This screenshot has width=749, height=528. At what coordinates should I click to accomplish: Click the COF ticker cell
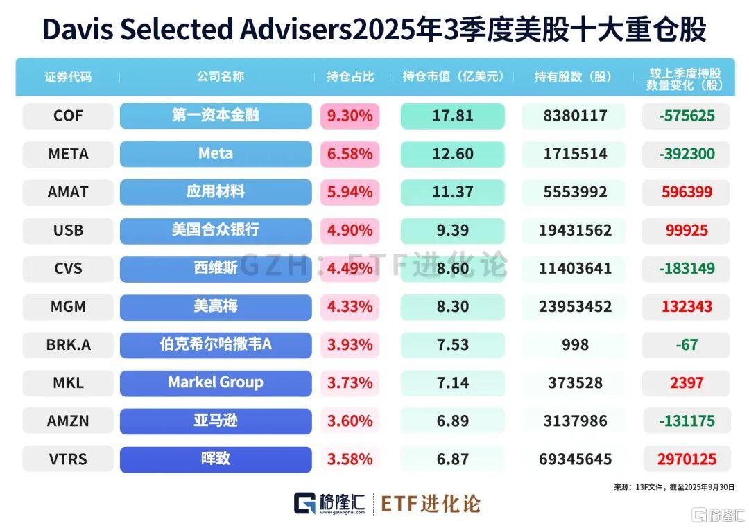68,116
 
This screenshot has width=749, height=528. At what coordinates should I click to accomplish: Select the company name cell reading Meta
216,154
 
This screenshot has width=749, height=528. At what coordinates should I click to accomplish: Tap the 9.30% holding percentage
350,116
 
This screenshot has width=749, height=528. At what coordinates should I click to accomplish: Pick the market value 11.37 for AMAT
452,192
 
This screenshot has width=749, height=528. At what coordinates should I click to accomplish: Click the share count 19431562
575,230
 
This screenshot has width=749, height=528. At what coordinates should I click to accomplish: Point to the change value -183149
687,268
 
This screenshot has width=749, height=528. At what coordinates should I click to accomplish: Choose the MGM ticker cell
68,306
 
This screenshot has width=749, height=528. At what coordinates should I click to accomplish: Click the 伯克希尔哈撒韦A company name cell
216,344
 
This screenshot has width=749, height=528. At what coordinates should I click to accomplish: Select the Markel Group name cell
216,382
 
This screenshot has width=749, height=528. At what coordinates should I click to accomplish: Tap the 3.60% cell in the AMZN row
350,421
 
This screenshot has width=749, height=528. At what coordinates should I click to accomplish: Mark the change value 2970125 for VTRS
687,459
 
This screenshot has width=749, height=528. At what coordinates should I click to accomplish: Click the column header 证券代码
68,77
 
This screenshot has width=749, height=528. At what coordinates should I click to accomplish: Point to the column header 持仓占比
350,77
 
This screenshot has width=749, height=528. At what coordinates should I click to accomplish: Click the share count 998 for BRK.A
575,344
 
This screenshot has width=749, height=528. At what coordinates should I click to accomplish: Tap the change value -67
687,344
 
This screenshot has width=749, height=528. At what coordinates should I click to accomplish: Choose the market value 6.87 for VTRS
452,459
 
